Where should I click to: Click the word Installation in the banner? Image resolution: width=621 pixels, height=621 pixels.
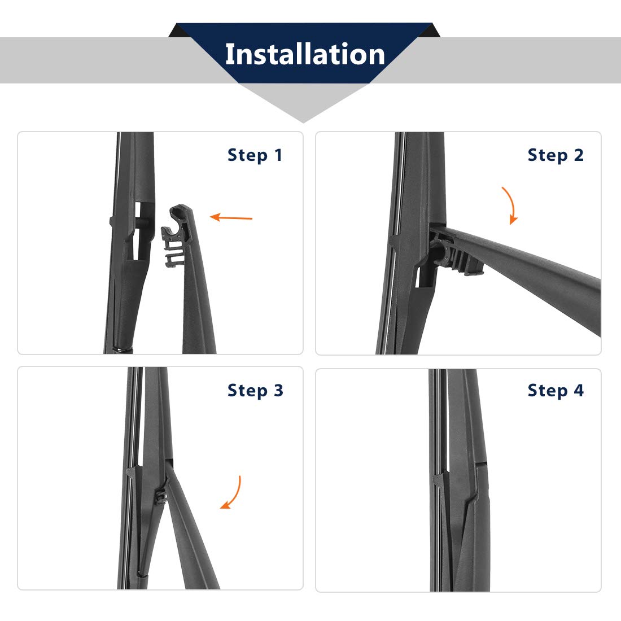click(x=305, y=54)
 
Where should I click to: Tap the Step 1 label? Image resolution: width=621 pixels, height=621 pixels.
click(x=255, y=155)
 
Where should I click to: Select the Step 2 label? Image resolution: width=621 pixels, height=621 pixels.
click(x=556, y=155)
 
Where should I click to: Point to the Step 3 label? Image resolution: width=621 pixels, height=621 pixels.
click(x=255, y=391)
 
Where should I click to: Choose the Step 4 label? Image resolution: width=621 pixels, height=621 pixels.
click(x=556, y=391)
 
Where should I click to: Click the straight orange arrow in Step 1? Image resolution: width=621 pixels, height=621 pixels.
click(x=231, y=217)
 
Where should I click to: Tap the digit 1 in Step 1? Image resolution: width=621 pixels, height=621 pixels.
click(x=278, y=155)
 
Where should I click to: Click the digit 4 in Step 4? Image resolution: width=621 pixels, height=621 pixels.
click(x=579, y=390)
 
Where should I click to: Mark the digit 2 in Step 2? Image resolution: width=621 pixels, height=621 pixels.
click(x=579, y=155)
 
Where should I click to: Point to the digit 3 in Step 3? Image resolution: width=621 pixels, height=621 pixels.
click(x=278, y=390)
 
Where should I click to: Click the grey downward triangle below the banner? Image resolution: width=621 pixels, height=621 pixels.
click(x=303, y=103)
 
